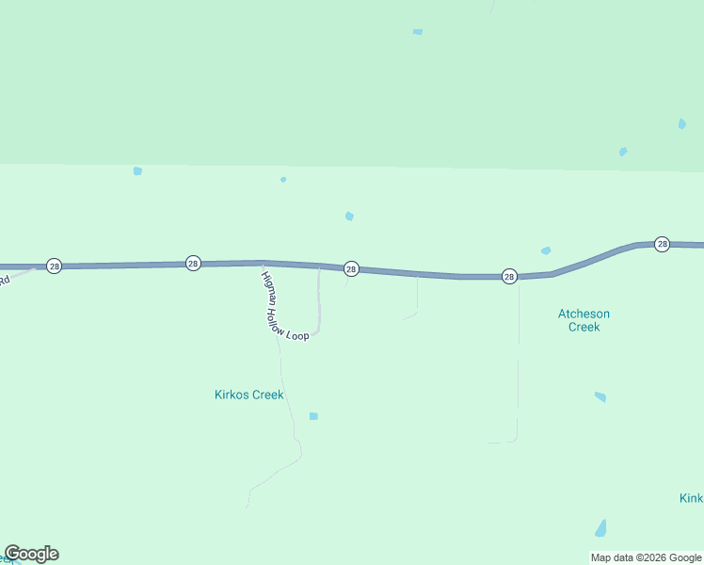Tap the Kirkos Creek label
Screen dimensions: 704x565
[249, 395]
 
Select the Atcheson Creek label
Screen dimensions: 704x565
[584, 320]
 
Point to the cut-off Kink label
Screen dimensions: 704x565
[691, 497]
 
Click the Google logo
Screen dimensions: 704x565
[31, 554]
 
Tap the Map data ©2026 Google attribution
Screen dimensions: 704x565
[647, 557]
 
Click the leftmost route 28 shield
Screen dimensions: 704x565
[55, 266]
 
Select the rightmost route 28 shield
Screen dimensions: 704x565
[662, 244]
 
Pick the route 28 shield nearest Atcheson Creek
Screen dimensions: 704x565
[509, 276]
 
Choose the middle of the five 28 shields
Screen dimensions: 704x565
[350, 269]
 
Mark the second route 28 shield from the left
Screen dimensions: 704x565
[193, 263]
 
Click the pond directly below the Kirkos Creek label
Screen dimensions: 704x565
[313, 416]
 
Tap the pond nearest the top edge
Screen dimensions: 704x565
[418, 32]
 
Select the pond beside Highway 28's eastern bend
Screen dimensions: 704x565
[546, 250]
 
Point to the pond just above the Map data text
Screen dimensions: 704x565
[600, 528]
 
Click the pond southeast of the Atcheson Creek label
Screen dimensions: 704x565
[600, 397]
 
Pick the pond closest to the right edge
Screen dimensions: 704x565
[681, 123]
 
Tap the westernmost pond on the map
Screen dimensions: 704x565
[137, 171]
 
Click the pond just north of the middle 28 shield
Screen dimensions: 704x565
[349, 217]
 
